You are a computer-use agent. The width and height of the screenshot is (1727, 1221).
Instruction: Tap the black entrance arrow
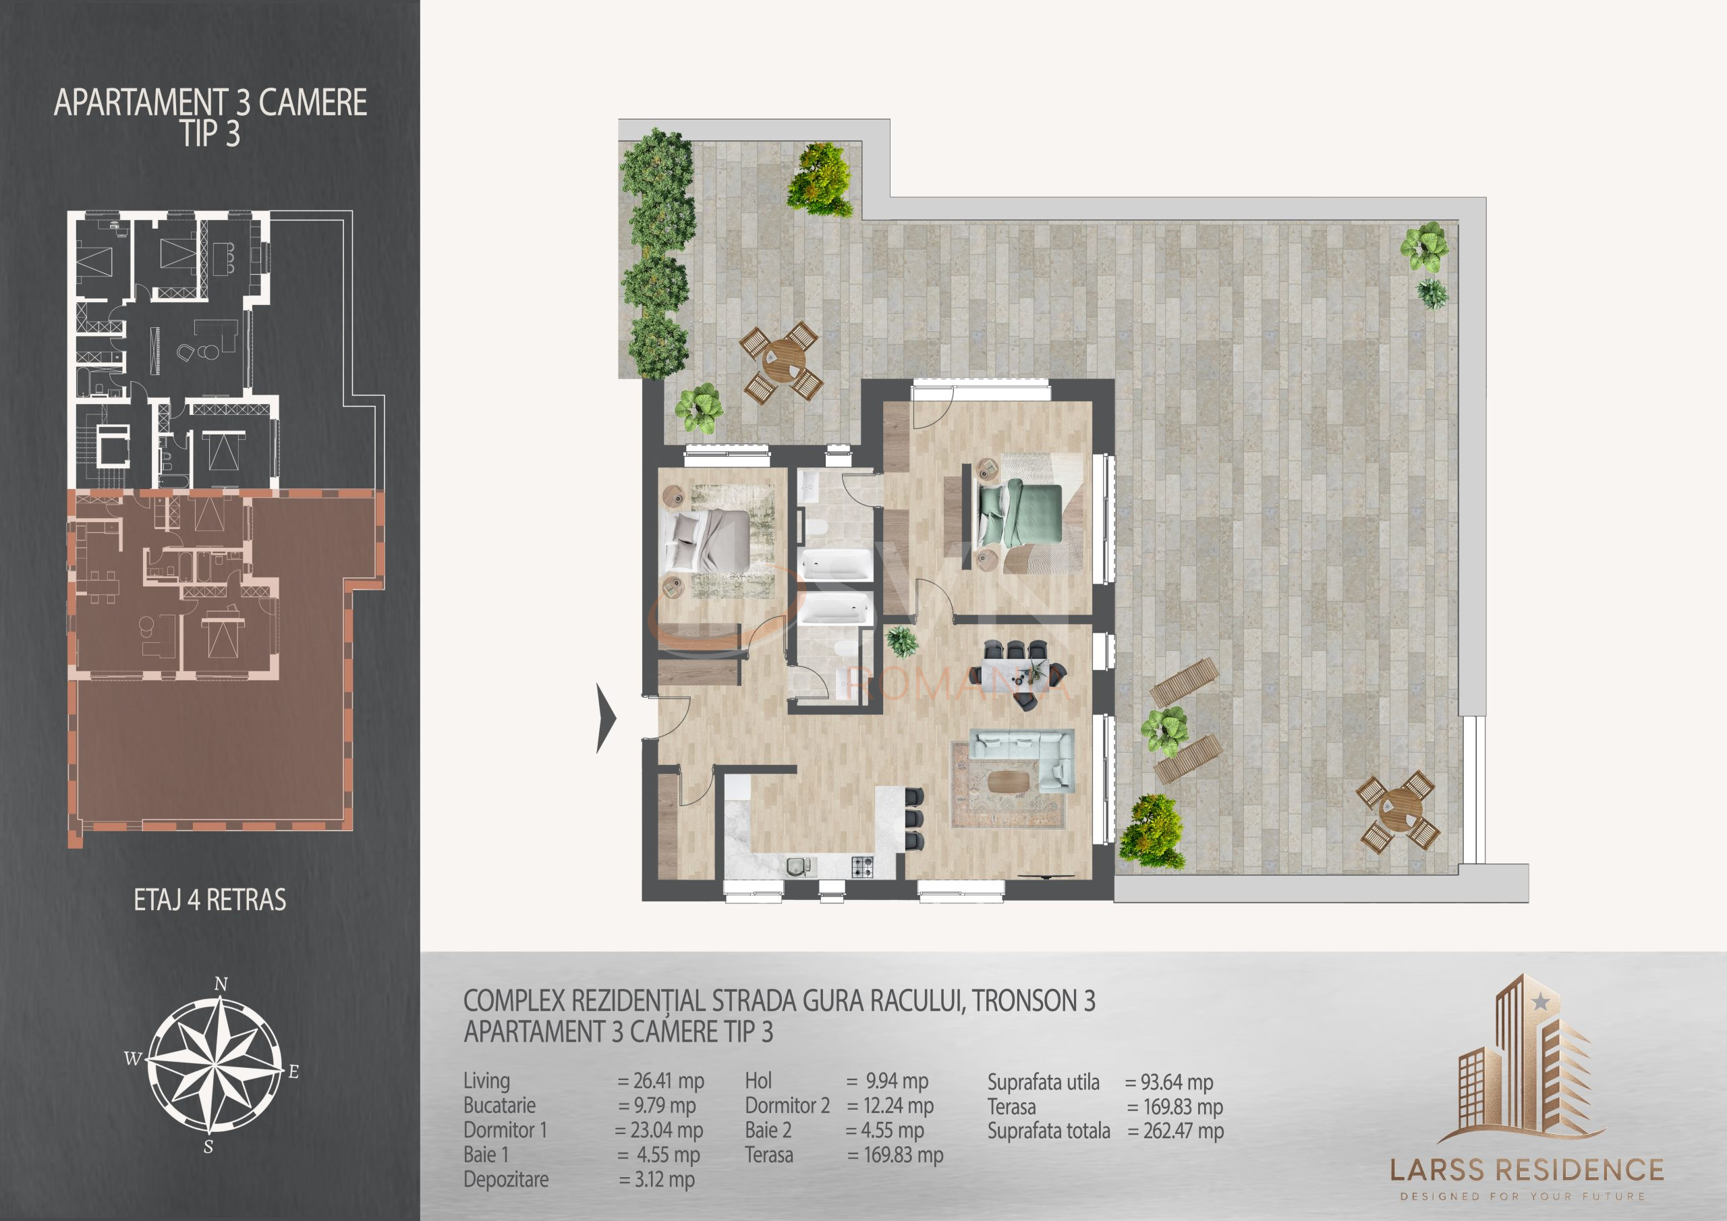click(606, 718)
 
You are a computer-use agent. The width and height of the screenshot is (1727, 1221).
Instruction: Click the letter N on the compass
click(221, 984)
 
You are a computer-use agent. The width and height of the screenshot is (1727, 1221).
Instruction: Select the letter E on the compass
click(293, 1072)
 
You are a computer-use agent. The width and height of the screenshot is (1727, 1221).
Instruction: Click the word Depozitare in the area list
click(506, 1179)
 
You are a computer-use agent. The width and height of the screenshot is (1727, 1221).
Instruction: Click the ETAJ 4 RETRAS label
click(210, 901)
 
